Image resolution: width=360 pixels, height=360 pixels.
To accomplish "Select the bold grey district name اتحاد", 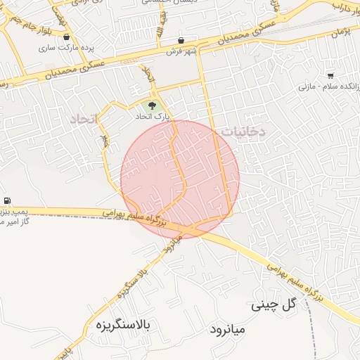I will coord(86,120).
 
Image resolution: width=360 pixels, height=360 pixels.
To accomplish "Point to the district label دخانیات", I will coord(243,131).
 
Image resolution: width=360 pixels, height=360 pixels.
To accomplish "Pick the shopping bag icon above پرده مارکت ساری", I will coord(66,37).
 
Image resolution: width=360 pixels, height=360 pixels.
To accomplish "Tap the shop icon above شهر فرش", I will coord(182,40).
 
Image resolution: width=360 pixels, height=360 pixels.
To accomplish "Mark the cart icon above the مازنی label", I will coord(330,75).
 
